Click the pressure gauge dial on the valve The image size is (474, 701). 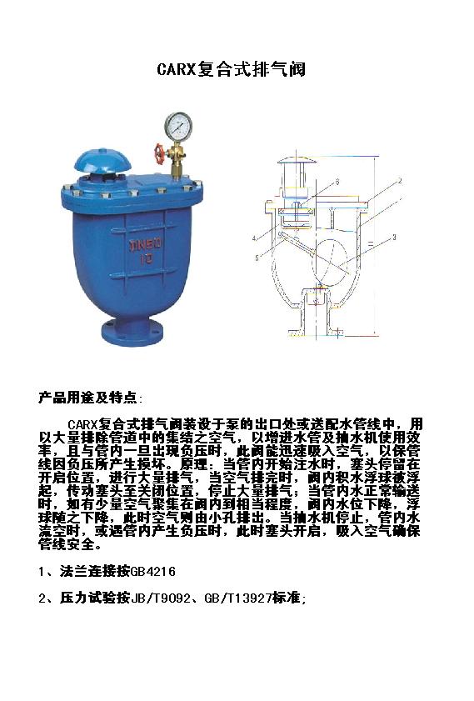178,126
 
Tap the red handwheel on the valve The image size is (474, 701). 159,154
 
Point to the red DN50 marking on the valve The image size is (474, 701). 146,244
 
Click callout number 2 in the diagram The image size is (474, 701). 400,181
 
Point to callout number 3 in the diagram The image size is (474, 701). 394,238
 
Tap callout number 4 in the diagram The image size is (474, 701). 254,238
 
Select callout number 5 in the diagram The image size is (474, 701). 257,258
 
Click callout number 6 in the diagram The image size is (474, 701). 337,182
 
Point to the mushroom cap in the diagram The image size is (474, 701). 297,160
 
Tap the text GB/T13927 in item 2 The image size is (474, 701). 238,598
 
